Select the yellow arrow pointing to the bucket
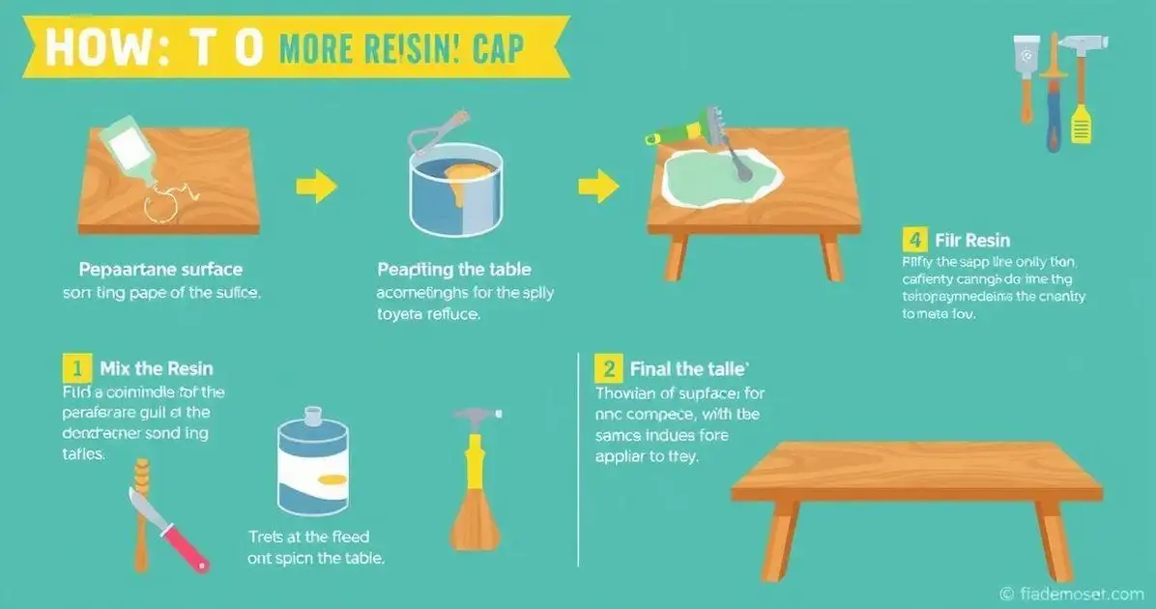(315, 186)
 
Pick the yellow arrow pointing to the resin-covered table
(598, 186)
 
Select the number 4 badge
(911, 239)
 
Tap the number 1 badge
(76, 368)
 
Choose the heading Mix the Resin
(157, 368)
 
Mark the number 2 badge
(609, 368)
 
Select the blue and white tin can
(312, 465)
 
